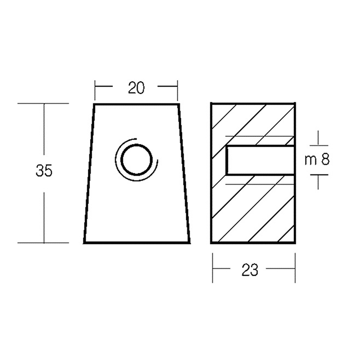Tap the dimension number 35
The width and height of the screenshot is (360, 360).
point(44,171)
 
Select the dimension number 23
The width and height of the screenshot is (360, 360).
point(250,270)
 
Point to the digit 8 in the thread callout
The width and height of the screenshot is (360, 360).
point(326,161)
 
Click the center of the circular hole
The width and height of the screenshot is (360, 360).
point(136,160)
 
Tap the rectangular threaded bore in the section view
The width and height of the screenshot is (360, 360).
point(260,161)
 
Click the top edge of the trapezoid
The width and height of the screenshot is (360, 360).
point(136,104)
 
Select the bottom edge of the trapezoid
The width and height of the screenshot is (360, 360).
point(137,243)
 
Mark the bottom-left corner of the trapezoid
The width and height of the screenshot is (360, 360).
point(85,243)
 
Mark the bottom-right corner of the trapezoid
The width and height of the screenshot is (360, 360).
point(189,243)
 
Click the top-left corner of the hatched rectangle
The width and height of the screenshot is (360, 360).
point(211,104)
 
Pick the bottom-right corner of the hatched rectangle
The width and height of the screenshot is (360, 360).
point(295,243)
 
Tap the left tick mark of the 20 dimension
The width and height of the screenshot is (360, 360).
point(95,90)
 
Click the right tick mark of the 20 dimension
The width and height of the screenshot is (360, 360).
point(177,90)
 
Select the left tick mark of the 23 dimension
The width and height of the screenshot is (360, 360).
point(213,268)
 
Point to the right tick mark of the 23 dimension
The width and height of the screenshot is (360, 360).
point(295,268)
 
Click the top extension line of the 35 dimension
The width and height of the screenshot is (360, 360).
point(43,103)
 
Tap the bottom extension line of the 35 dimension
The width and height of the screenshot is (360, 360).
point(43,243)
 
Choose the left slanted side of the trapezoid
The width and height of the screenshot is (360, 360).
point(90,173)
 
